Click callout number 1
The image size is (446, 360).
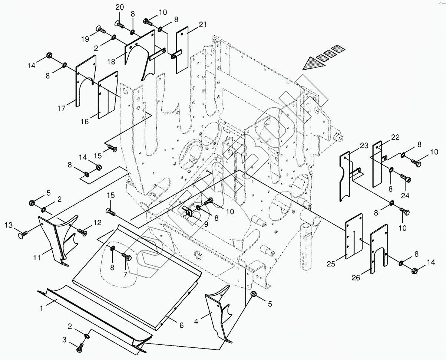(42, 308)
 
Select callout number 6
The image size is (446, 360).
(181, 325)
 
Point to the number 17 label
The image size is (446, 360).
(62, 109)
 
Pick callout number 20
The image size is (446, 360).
(119, 7)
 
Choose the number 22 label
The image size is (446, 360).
(395, 138)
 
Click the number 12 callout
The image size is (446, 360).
(97, 223)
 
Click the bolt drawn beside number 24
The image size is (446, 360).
(406, 179)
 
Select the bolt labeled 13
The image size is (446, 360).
(23, 235)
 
